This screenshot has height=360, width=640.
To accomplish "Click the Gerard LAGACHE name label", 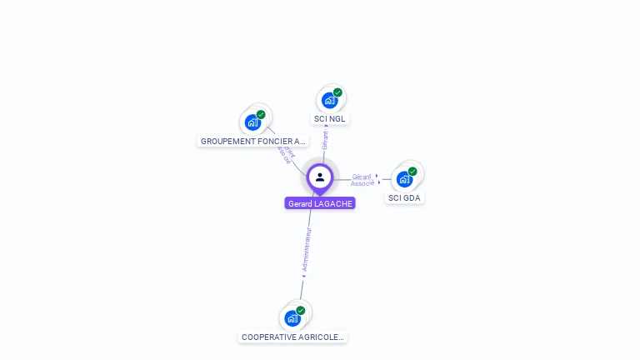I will (x=320, y=203).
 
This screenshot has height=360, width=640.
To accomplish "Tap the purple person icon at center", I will (x=320, y=177).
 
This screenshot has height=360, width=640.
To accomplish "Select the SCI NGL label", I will (x=330, y=119).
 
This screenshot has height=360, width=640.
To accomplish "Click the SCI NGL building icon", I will (x=329, y=101).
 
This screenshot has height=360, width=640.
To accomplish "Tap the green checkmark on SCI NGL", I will (x=337, y=92).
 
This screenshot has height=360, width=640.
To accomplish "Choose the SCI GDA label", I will (x=404, y=198).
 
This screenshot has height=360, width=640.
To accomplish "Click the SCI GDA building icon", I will (x=404, y=179).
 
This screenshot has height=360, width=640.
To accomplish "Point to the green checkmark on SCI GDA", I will (x=412, y=172).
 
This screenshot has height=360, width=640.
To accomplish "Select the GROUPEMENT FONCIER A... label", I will (x=253, y=142).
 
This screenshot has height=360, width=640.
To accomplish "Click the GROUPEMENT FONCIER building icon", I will (x=252, y=122).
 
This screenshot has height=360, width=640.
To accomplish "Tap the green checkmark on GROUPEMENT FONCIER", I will (x=261, y=115).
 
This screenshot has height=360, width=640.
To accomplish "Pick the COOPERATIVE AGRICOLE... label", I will (x=292, y=337).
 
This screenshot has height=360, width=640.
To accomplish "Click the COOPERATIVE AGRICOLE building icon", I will (x=292, y=317).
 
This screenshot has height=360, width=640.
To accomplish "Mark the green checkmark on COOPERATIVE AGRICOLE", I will (x=300, y=310).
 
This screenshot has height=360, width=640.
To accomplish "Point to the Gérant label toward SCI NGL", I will (x=325, y=139).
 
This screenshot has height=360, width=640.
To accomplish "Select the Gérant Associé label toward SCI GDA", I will (x=362, y=180).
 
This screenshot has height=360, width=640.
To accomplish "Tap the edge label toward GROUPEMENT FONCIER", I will (x=287, y=154).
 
